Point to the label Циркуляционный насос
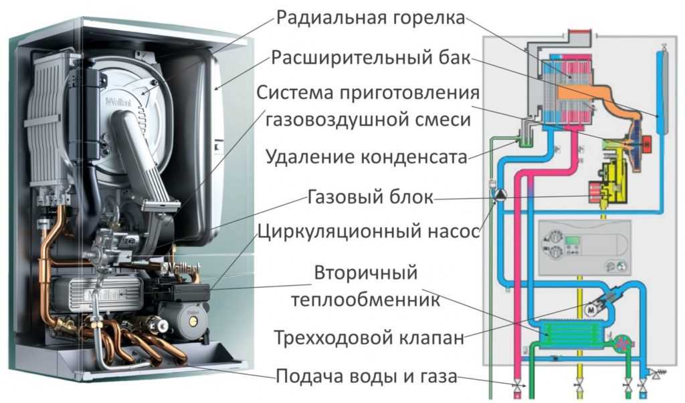point(369,233)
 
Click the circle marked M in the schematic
point(590,309)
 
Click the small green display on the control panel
point(575,239)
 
